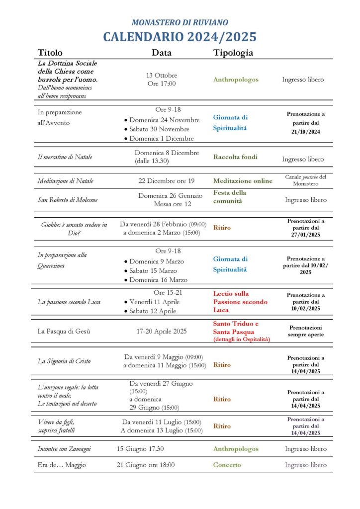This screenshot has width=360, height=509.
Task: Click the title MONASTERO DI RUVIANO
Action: coord(180,22)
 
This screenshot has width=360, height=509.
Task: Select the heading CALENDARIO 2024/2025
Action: coord(180,37)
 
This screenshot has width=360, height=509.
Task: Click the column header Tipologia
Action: coord(233,53)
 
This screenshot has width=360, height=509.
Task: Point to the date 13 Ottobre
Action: coord(162,75)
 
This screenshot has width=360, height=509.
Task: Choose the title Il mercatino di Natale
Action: coord(65,157)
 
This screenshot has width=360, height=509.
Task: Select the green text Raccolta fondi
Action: coord(235,157)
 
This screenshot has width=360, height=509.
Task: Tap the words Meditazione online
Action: coord(243,181)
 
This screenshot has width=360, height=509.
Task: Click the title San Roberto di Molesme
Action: coord(68,200)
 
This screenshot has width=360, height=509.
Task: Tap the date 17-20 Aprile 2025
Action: coord(162,331)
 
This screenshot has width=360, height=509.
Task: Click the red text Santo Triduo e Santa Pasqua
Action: coord(236,328)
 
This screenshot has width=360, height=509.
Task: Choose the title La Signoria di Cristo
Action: coord(64,361)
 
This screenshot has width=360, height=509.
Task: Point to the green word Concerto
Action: coord(227,465)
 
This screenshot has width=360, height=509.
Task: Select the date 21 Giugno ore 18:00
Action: coord(146,465)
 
